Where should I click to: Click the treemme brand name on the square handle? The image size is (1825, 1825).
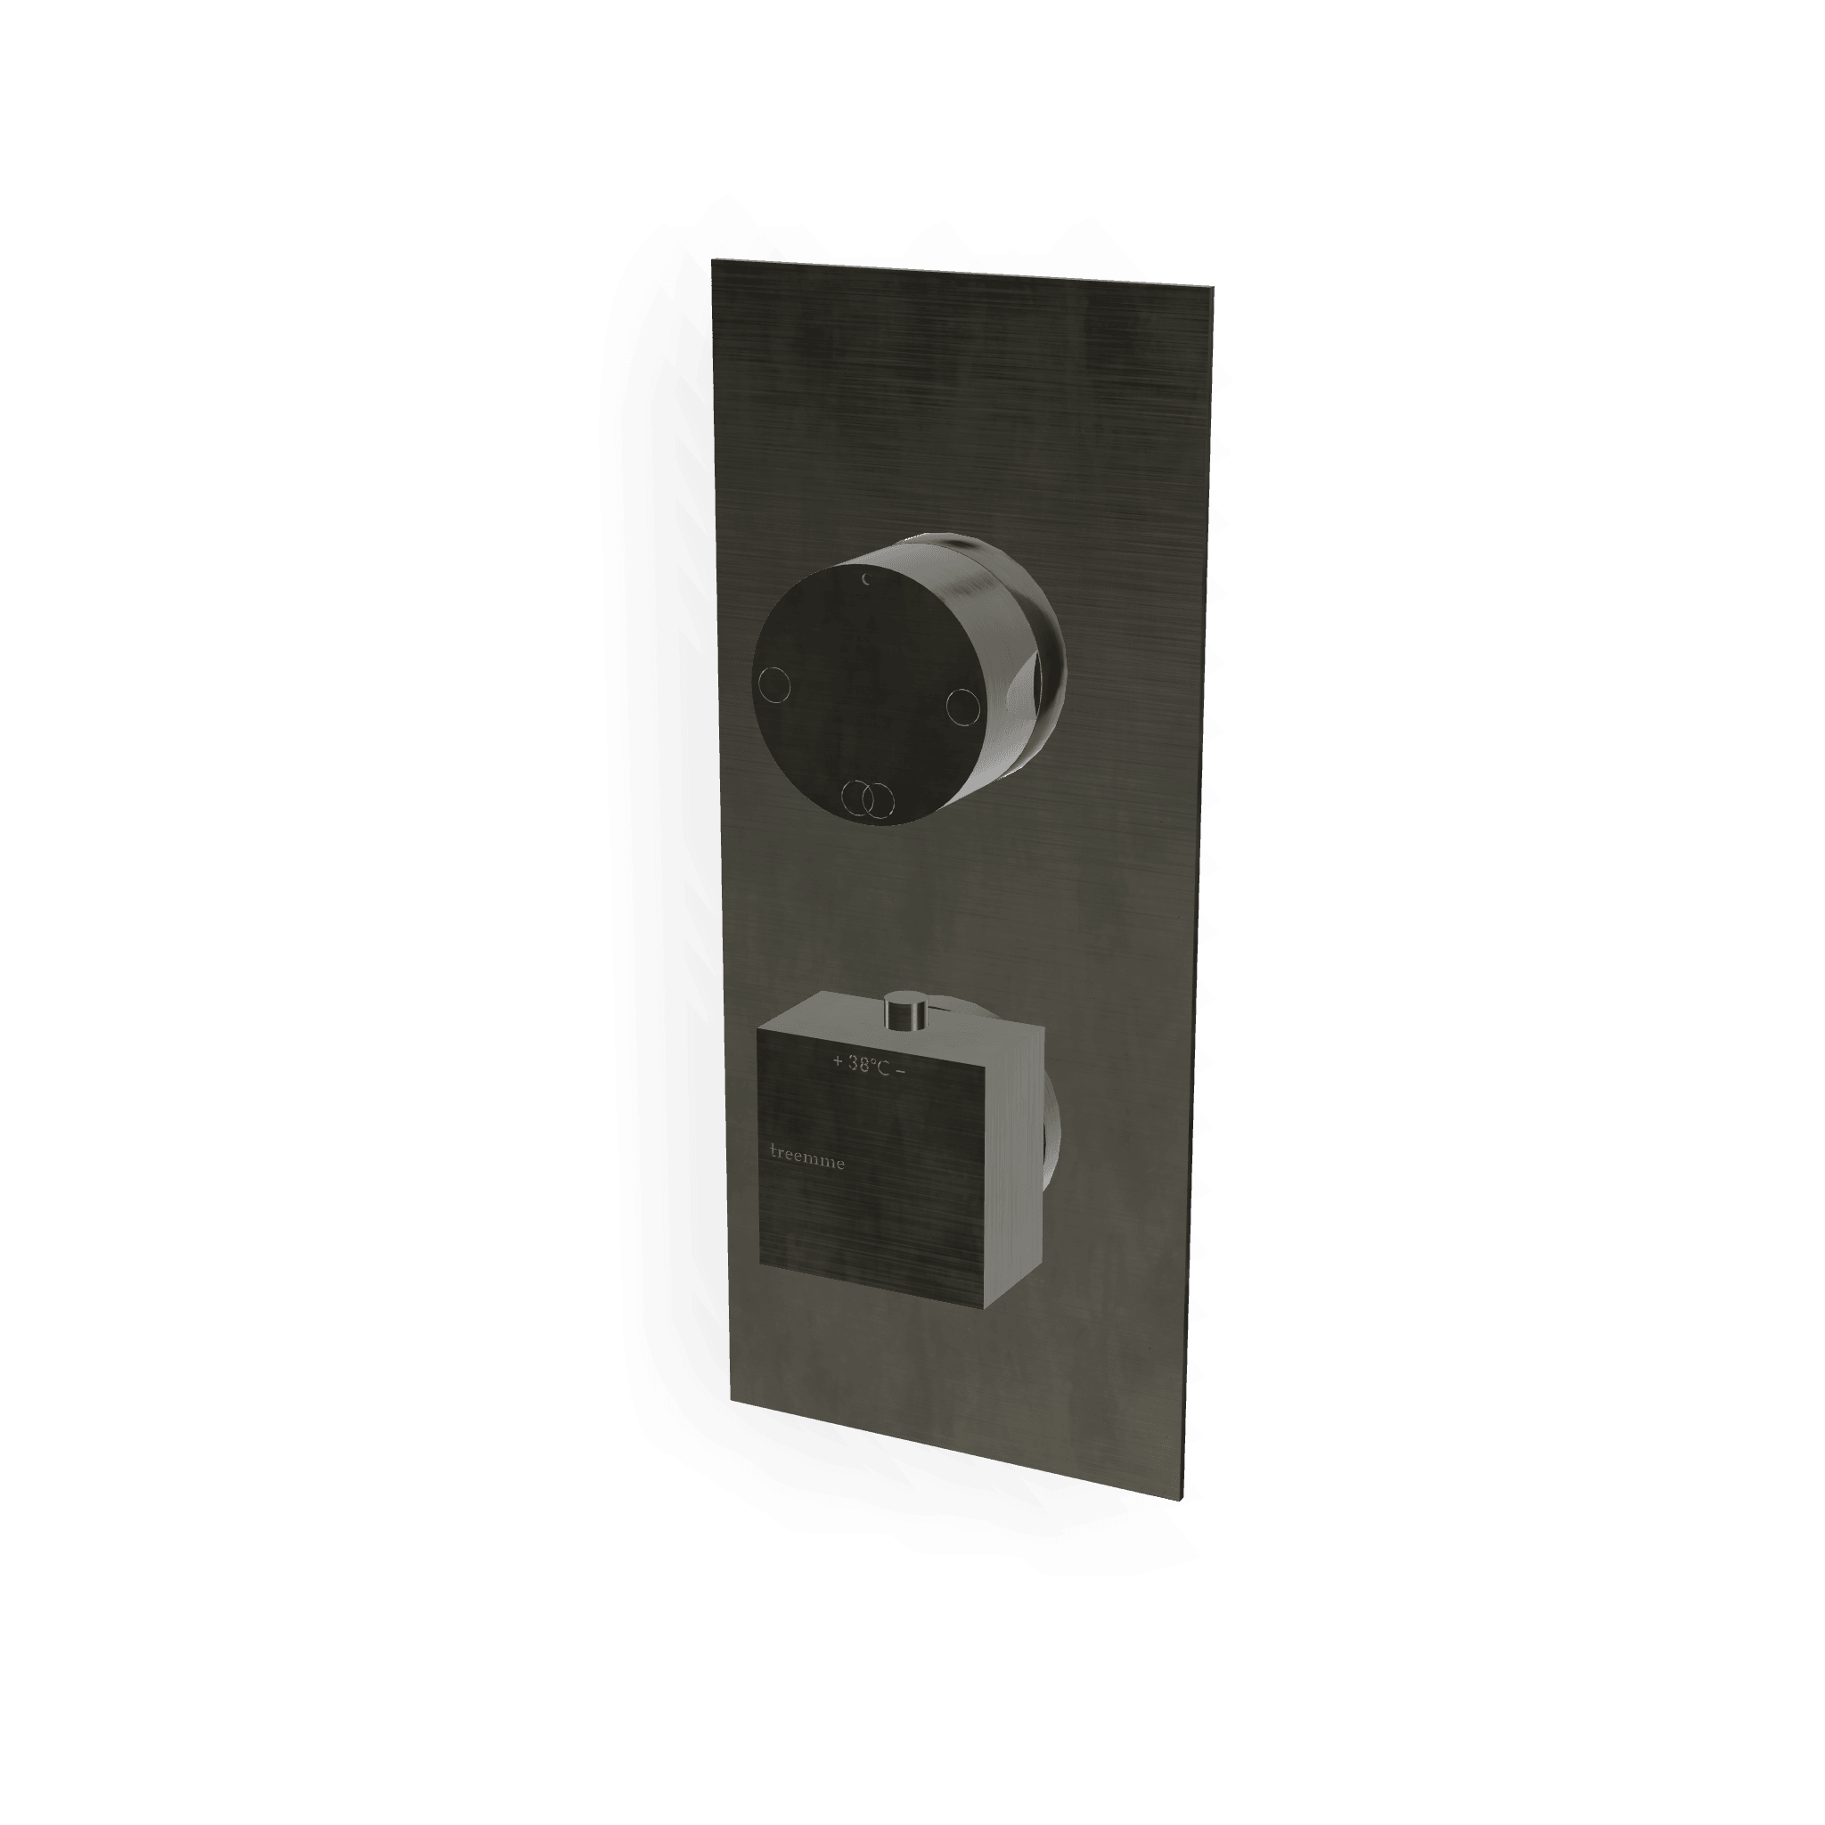coord(807,1155)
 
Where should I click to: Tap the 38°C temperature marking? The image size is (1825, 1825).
coord(870,1065)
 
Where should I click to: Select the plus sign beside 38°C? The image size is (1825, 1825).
coord(837,1061)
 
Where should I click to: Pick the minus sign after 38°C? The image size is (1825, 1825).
coord(901,1070)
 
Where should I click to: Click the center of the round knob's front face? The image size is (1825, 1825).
coord(868,693)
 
